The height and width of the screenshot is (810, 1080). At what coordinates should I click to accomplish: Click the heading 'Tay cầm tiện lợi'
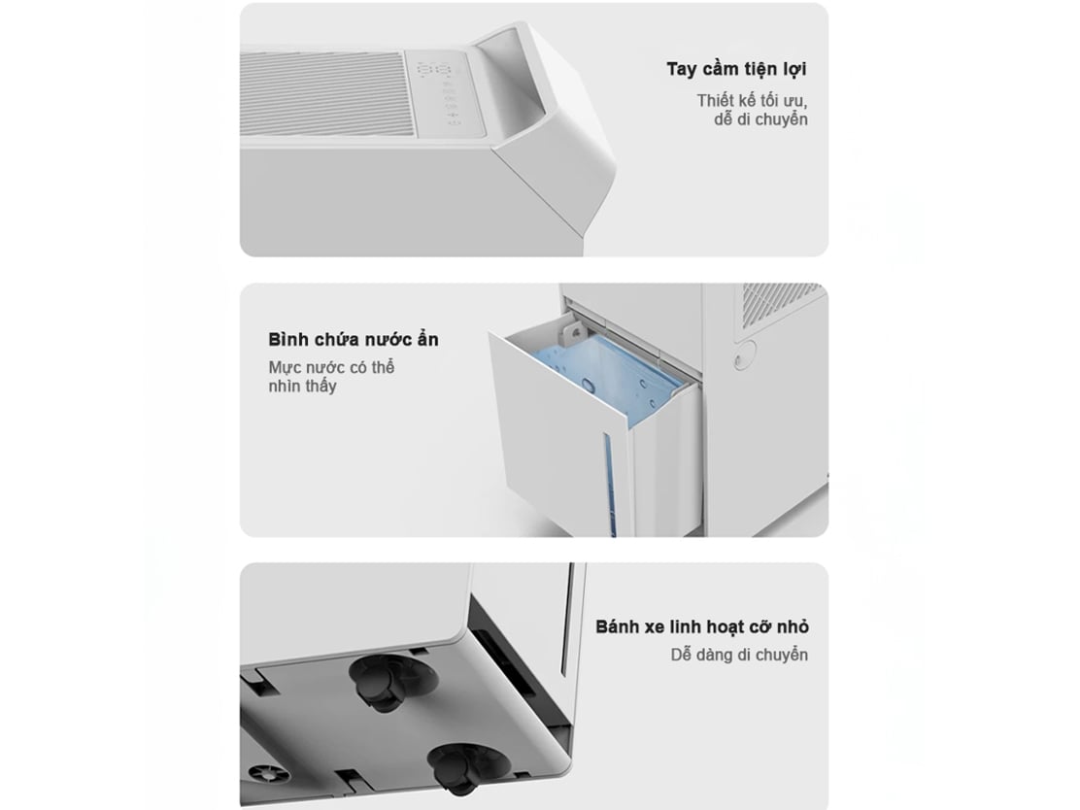(x=735, y=70)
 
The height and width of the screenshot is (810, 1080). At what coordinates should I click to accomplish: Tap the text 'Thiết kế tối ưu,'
(x=752, y=101)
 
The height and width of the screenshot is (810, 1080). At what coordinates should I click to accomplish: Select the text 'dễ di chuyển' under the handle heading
(x=760, y=119)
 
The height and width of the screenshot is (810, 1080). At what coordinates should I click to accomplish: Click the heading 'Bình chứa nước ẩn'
(x=354, y=340)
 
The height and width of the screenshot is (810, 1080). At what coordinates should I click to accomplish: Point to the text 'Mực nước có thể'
(x=331, y=367)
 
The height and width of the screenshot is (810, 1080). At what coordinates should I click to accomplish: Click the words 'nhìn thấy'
(x=302, y=387)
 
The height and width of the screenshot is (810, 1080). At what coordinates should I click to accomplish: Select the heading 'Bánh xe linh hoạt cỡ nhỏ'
(x=702, y=626)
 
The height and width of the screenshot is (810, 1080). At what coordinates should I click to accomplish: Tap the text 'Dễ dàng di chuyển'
(x=739, y=655)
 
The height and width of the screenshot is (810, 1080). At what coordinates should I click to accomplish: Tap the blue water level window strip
(x=608, y=482)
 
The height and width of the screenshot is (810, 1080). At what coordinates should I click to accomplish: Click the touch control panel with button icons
(x=444, y=91)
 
